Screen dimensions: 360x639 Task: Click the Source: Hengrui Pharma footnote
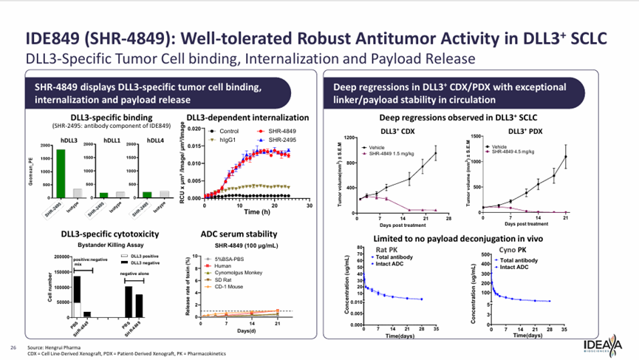(55, 347)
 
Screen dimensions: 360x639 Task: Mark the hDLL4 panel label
(156, 140)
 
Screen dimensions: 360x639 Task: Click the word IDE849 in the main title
(52, 38)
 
